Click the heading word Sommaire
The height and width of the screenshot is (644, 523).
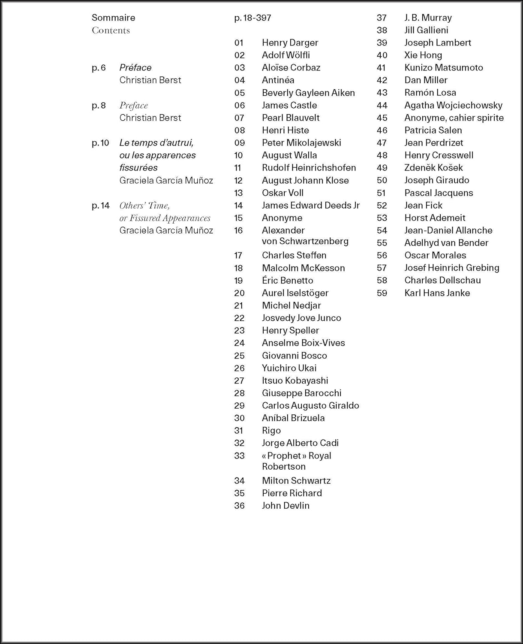tap(113, 18)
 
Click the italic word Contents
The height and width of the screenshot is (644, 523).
tap(111, 30)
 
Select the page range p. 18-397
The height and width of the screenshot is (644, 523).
tap(252, 18)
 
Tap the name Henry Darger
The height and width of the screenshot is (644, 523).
tap(290, 43)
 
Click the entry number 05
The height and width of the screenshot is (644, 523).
tap(239, 93)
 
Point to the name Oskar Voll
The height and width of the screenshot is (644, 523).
tap(283, 193)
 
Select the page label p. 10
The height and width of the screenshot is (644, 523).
tap(100, 143)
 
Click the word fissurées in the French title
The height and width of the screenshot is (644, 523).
tap(138, 167)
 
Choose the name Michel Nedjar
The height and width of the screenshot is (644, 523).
tap(291, 305)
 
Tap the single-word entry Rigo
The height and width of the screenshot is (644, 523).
tap(271, 430)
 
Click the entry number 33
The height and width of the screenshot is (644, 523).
tap(239, 456)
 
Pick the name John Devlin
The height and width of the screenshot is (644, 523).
tap(286, 505)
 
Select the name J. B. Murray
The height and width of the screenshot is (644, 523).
tap(428, 18)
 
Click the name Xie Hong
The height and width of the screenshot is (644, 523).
tap(423, 55)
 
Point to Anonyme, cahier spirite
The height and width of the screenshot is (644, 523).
tap(454, 118)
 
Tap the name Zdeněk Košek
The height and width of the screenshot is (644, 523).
tap(433, 167)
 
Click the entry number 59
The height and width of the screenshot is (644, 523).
tap(382, 293)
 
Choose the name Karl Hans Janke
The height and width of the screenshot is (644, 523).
tap(437, 293)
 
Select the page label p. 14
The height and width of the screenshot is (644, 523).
tap(100, 205)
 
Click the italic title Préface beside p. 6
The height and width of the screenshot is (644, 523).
tap(135, 67)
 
